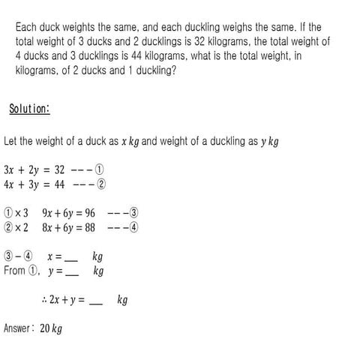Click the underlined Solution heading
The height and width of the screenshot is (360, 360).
[x=29, y=109]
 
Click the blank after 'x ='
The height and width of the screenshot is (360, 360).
[x=71, y=257]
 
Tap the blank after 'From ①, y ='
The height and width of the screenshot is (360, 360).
[x=72, y=271]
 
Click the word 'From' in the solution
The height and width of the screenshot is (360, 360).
[x=14, y=271]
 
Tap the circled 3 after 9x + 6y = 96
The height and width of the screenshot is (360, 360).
[x=134, y=212]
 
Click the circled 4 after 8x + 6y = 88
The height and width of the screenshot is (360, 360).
[x=134, y=227]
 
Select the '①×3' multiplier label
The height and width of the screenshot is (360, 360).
[x=16, y=212]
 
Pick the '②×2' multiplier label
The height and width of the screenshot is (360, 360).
[x=16, y=227]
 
